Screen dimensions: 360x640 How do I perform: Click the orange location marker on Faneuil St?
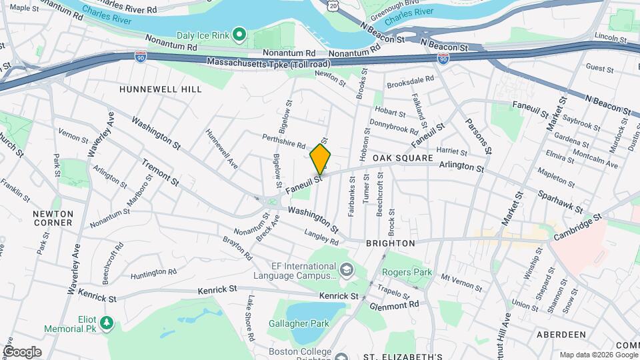pyautogui.click(x=320, y=159)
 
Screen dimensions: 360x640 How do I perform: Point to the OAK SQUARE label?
pyautogui.click(x=403, y=158)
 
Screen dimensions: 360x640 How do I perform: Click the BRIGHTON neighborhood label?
pyautogui.click(x=391, y=243)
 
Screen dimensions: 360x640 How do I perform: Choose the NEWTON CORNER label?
pyautogui.click(x=53, y=218)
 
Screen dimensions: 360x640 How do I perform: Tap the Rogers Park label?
pyautogui.click(x=407, y=272)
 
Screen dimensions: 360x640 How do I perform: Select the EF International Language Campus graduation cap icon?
pyautogui.click(x=346, y=270)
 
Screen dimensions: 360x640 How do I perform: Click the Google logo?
pyautogui.click(x=22, y=351)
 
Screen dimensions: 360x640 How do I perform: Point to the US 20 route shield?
pyautogui.click(x=333, y=5)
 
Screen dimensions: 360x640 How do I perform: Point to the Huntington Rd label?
pyautogui.click(x=153, y=272)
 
